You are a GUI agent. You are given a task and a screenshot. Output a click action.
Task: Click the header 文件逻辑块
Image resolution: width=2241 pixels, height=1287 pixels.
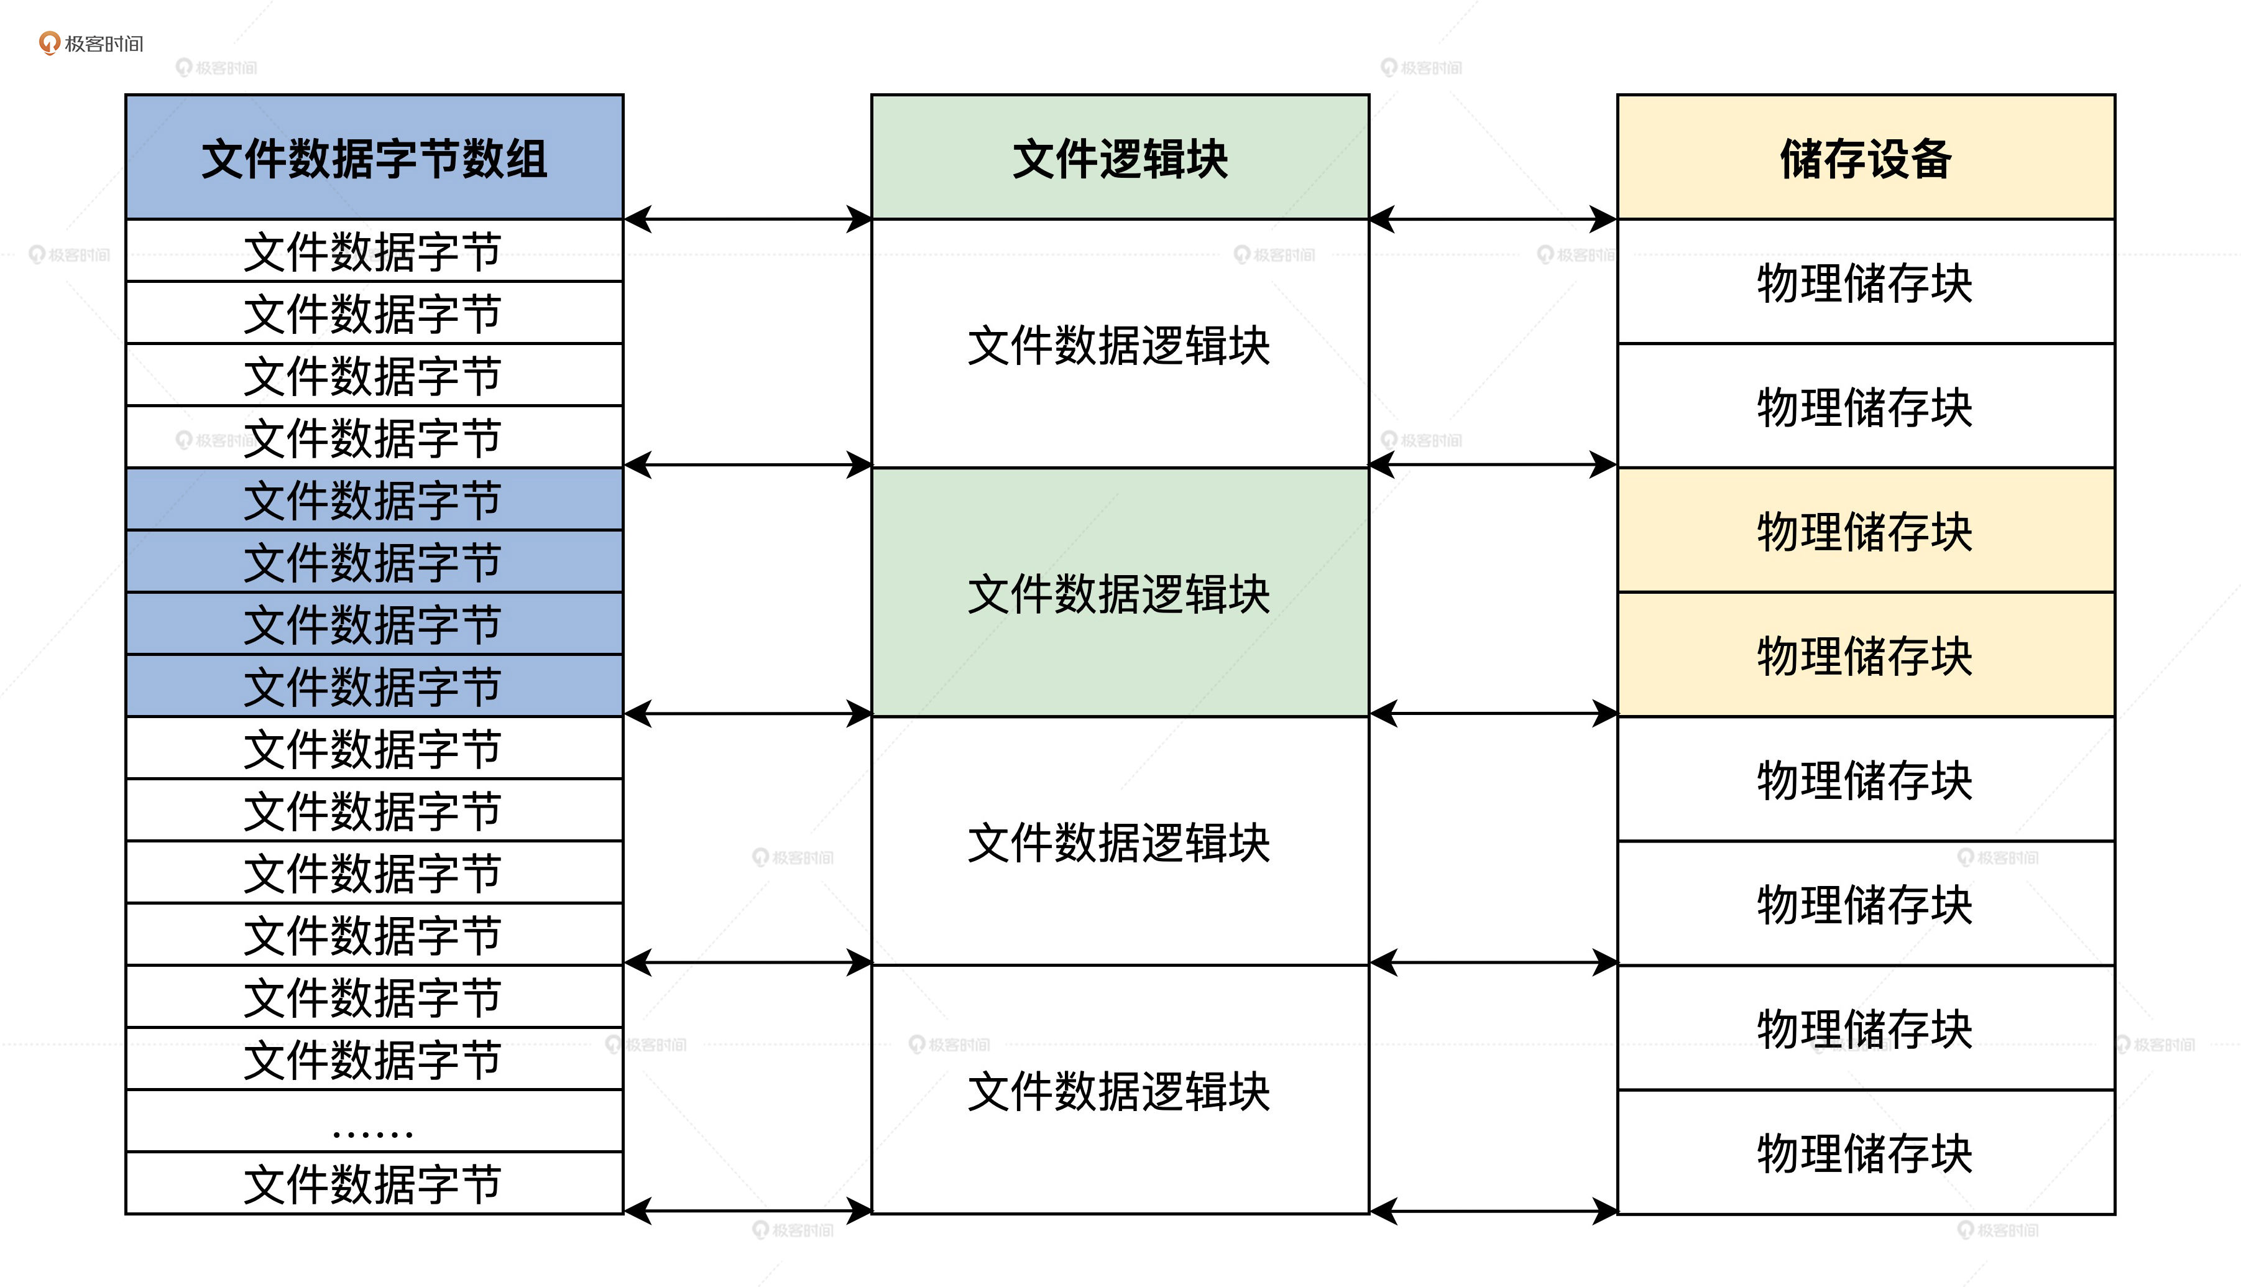point(1120,157)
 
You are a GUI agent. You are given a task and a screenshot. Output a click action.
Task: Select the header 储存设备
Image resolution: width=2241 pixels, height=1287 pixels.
point(1866,157)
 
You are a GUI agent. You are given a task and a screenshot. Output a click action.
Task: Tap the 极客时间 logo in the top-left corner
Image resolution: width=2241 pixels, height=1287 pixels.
point(91,44)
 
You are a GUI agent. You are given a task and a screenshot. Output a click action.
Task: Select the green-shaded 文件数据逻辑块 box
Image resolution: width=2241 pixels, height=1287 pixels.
point(1120,593)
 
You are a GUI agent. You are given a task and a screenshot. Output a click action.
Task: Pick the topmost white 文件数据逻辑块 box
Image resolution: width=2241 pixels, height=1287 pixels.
point(1120,344)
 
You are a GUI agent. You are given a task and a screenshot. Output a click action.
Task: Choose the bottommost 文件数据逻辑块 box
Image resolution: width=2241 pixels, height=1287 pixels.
point(1120,1089)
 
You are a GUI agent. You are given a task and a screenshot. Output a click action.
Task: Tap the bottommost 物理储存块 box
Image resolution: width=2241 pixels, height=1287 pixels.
point(1866,1151)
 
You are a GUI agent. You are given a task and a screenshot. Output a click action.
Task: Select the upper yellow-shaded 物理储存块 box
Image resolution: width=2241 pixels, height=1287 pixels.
point(1866,530)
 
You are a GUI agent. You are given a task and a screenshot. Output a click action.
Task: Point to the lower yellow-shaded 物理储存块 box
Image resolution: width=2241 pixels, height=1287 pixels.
point(1866,654)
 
